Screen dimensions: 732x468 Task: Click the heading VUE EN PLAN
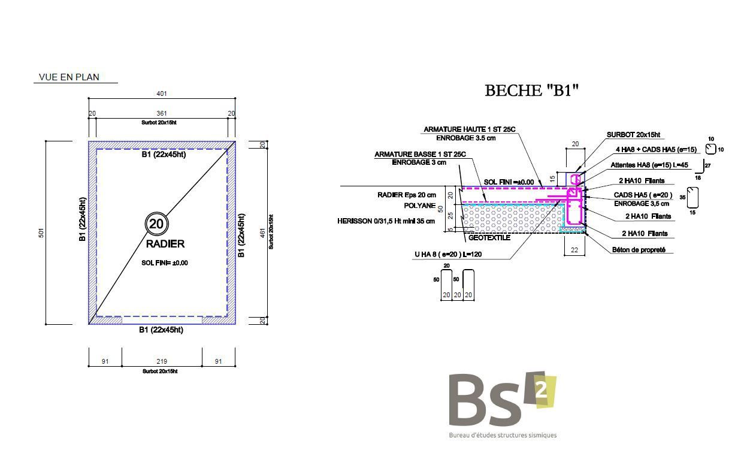point(69,77)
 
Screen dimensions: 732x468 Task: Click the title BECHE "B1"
point(531,90)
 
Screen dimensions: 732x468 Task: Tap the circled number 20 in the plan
point(156,224)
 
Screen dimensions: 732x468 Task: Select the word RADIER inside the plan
point(165,244)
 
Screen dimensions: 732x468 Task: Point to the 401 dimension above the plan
point(162,94)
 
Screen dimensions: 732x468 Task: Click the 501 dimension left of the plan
point(41,233)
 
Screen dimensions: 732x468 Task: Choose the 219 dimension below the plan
point(162,361)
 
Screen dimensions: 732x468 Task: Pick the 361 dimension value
point(162,113)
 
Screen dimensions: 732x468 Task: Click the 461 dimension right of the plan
point(262,233)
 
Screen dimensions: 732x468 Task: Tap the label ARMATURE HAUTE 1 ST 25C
point(470,129)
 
